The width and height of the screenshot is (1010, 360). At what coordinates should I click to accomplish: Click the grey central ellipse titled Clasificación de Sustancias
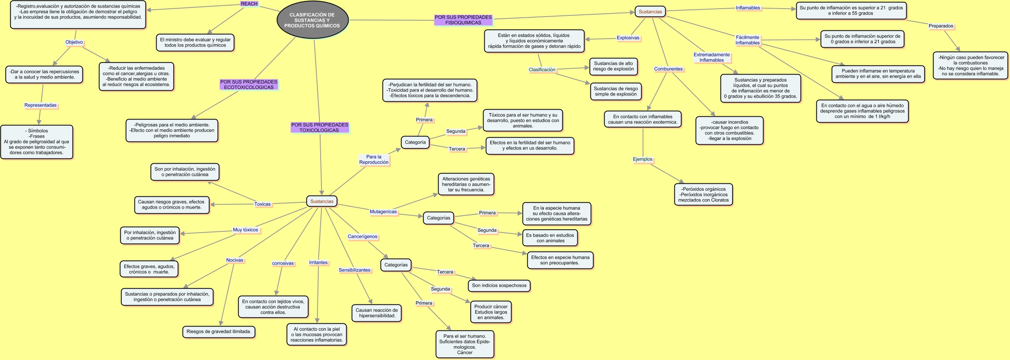coord(312,20)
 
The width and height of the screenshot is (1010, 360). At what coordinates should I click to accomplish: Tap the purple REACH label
coord(249,4)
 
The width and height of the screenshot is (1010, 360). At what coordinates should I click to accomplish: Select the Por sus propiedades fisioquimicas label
coord(463,20)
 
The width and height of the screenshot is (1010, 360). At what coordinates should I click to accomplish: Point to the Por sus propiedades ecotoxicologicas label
coord(248,85)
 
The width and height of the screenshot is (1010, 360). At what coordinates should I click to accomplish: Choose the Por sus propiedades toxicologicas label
coord(319,128)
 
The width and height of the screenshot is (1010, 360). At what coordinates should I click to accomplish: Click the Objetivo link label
coord(74,42)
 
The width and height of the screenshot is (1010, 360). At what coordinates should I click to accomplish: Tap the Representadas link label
coord(41,105)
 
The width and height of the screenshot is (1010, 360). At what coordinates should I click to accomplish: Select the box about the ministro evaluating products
coord(195,43)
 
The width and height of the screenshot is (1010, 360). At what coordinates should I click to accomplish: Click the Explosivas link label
coord(628,38)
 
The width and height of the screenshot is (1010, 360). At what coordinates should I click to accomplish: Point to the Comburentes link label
coord(668,69)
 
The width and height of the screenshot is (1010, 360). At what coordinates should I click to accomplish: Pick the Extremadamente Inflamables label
coord(711,58)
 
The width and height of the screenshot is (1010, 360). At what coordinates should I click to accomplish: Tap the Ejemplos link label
coord(642,159)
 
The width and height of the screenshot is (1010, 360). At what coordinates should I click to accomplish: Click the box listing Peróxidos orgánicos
coord(703,194)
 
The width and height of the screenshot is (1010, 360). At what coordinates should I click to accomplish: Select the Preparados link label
coord(941,26)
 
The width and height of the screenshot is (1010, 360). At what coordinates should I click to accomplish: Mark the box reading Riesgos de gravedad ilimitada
coord(219,332)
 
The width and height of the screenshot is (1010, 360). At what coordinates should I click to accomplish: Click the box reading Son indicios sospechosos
coord(499,285)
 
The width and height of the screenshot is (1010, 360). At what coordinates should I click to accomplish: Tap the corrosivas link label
coord(283,263)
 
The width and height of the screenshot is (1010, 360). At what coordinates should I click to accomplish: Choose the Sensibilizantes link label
coord(355,270)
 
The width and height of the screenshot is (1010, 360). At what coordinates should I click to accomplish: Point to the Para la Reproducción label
coord(373,160)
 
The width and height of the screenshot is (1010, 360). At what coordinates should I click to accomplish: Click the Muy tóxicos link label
coord(245,230)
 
